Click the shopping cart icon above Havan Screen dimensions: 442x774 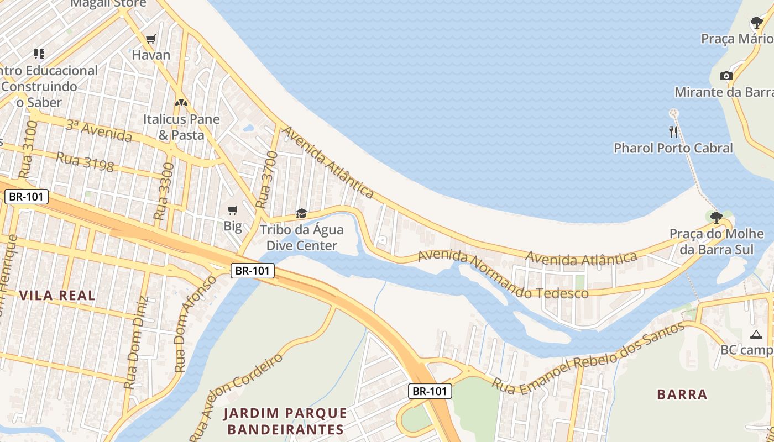pyautogui.click(x=150, y=39)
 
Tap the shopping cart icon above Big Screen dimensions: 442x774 pyautogui.click(x=233, y=210)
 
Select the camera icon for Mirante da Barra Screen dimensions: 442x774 pyautogui.click(x=726, y=76)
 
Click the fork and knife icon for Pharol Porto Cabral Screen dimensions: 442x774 pyautogui.click(x=673, y=131)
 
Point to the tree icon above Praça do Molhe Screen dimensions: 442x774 pyautogui.click(x=717, y=217)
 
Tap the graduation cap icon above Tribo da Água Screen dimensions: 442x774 pyautogui.click(x=301, y=213)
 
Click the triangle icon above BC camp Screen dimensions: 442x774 pyautogui.click(x=756, y=334)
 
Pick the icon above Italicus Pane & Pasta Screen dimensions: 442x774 pyautogui.click(x=181, y=103)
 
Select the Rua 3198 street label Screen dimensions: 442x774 pyautogui.click(x=85, y=161)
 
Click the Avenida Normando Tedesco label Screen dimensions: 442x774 pyautogui.click(x=503, y=274)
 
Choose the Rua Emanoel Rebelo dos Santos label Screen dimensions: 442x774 pyautogui.click(x=588, y=359)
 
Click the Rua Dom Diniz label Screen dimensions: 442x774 pyautogui.click(x=136, y=343)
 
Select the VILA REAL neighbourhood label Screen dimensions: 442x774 pyautogui.click(x=57, y=295)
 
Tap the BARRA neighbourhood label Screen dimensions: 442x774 pyautogui.click(x=682, y=394)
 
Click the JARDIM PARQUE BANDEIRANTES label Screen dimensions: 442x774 pyautogui.click(x=285, y=421)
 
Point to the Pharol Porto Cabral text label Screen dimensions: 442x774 pyautogui.click(x=673, y=148)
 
